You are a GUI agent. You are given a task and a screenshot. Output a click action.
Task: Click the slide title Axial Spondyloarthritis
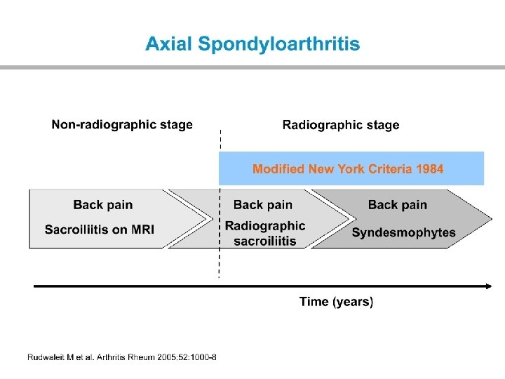click(252, 44)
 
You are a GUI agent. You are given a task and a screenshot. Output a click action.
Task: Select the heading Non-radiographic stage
click(122, 125)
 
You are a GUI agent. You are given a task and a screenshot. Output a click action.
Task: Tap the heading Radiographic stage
click(341, 125)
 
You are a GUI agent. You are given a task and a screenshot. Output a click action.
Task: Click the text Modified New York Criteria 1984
click(348, 169)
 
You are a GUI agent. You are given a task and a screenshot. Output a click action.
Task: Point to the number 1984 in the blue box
click(429, 169)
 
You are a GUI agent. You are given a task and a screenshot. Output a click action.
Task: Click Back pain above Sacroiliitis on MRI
click(103, 205)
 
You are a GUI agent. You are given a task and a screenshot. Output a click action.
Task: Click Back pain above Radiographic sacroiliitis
click(263, 205)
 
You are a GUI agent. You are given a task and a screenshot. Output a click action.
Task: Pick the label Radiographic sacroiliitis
click(265, 233)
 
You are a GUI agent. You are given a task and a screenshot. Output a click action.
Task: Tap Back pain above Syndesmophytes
click(398, 205)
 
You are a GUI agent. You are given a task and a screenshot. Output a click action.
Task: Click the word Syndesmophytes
click(403, 232)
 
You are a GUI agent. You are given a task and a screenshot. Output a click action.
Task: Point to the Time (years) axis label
click(337, 302)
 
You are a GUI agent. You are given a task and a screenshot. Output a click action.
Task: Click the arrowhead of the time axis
click(487, 286)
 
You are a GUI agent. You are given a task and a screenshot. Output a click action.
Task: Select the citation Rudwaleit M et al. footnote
click(122, 357)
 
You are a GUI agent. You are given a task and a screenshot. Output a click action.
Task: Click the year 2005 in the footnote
click(172, 357)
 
